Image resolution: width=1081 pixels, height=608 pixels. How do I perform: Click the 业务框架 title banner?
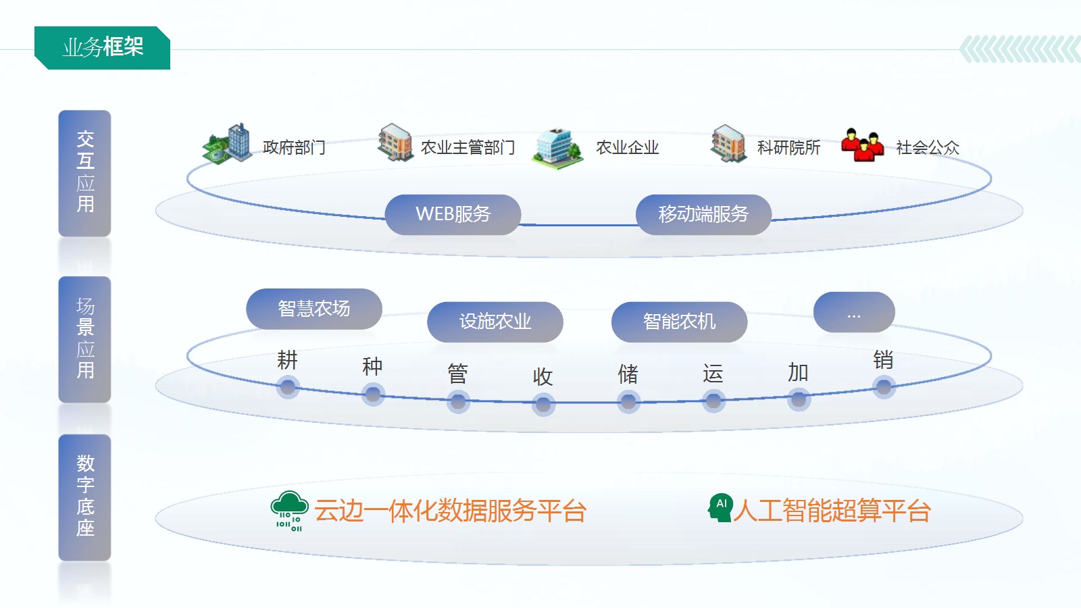[103, 47]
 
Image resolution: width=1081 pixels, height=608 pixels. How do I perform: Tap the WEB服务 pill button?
[453, 214]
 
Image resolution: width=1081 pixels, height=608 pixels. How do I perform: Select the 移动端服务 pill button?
[703, 214]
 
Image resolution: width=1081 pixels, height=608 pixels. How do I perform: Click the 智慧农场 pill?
[314, 309]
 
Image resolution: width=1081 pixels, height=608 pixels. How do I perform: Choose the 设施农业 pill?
[495, 322]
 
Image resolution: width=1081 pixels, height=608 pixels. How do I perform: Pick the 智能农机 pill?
[679, 322]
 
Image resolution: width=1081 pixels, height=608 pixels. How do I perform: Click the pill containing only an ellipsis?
[854, 312]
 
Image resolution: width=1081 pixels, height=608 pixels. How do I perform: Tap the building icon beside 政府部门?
[228, 143]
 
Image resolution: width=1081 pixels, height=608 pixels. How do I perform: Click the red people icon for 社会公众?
[862, 145]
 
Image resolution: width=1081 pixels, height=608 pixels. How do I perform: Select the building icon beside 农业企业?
[557, 147]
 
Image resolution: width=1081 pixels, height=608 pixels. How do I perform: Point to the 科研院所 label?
[788, 147]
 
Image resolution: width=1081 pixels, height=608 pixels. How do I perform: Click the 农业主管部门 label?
[468, 147]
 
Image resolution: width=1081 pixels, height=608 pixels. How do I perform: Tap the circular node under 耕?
[288, 387]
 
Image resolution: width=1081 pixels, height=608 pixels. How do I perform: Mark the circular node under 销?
[884, 387]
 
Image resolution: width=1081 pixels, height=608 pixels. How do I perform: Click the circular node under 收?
[543, 405]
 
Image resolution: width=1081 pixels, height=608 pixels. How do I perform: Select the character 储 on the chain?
[628, 374]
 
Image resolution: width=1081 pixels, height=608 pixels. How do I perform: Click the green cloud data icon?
[289, 511]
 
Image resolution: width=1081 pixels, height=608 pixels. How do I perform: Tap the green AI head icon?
[720, 508]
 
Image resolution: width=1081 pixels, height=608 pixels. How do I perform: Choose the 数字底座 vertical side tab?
[85, 497]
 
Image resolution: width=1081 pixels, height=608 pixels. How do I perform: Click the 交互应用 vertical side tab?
[85, 172]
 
